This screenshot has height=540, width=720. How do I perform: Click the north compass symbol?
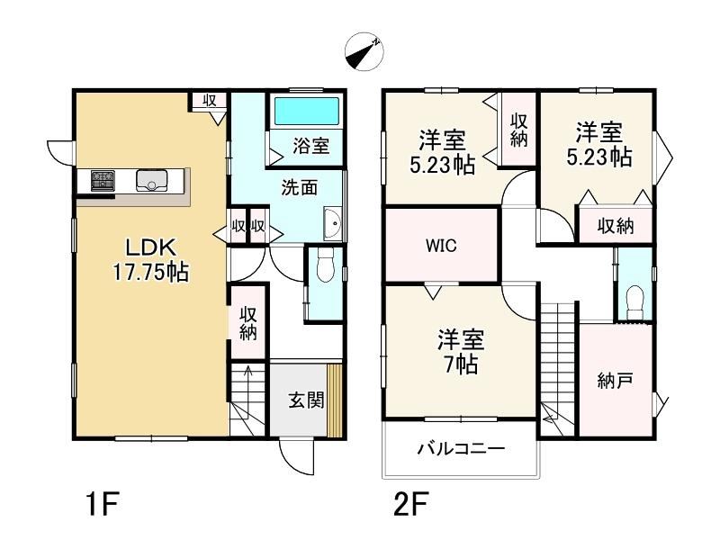(364, 51)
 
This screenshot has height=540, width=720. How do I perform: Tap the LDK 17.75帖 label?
(151, 260)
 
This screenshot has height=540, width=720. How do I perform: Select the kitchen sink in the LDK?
(151, 180)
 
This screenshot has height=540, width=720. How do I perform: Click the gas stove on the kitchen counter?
(103, 181)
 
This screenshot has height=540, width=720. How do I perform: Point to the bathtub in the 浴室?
(307, 111)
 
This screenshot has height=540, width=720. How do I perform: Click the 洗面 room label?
(299, 188)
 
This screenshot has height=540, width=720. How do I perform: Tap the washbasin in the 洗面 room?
(332, 223)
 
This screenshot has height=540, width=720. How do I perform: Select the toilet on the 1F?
(326, 265)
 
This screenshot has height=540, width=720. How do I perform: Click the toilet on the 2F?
(635, 301)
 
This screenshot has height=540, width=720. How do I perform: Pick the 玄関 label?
(306, 400)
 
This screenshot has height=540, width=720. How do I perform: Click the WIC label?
(441, 246)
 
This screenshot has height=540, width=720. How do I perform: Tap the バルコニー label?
(461, 447)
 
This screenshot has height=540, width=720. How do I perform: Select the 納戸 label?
(616, 381)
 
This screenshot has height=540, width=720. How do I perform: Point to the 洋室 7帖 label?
(461, 351)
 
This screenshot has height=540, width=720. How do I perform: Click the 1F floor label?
(103, 504)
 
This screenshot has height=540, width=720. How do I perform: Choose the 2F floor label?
(411, 504)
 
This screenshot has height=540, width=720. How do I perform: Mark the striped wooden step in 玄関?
(335, 400)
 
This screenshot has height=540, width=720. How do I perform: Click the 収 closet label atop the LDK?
(210, 100)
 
